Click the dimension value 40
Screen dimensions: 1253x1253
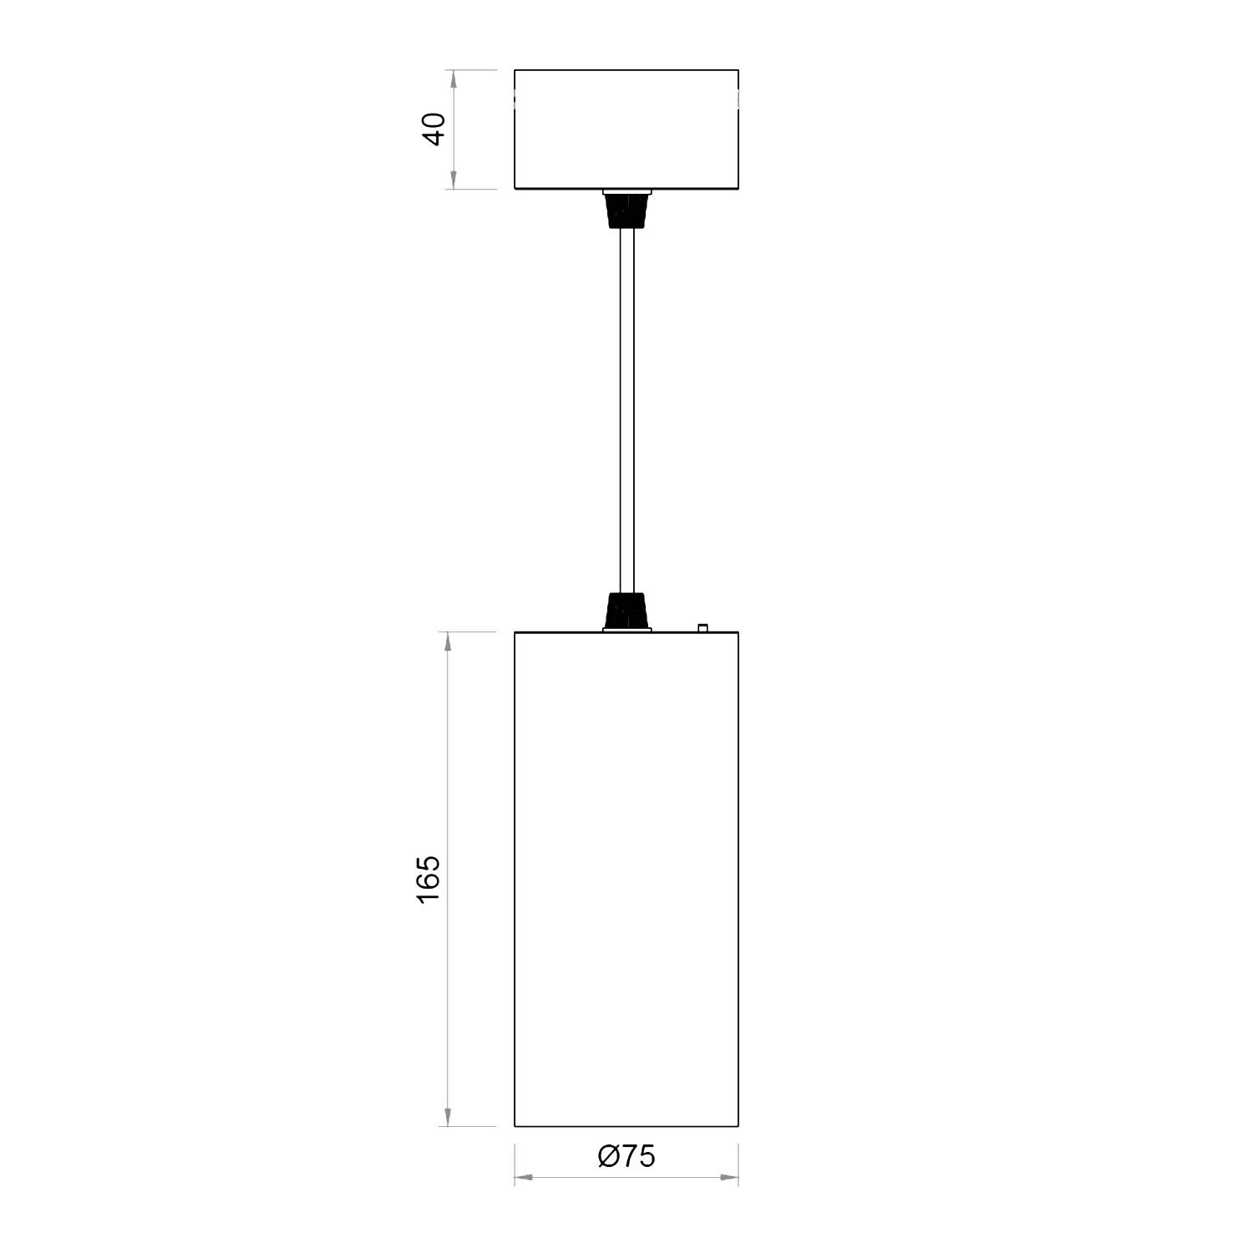(x=435, y=129)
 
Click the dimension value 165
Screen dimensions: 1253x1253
(x=428, y=878)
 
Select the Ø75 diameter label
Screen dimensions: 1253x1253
(x=626, y=1156)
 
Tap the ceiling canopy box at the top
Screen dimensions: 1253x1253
(x=626, y=129)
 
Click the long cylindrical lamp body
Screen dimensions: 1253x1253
(x=626, y=879)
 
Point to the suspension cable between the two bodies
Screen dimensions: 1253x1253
(x=626, y=410)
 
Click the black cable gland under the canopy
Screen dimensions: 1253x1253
(x=626, y=211)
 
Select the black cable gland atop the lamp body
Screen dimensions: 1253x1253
(x=626, y=611)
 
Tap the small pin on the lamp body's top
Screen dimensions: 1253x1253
(x=703, y=626)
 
